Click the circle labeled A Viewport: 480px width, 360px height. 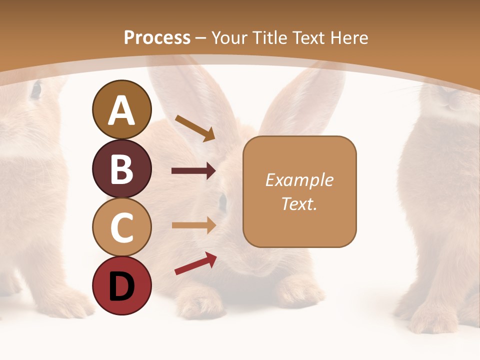(121, 109)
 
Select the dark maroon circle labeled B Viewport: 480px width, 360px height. (121, 168)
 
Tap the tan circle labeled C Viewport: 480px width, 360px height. (121, 226)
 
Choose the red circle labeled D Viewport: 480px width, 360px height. (121, 285)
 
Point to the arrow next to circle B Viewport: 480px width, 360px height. (193, 171)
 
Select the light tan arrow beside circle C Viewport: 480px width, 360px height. (193, 225)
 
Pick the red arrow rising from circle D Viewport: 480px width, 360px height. (195, 263)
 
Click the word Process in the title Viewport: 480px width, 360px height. (157, 37)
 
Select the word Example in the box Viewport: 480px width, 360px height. (299, 180)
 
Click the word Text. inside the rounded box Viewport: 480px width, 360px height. (299, 203)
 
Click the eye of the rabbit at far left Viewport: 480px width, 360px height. (36, 90)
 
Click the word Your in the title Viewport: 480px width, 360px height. (228, 37)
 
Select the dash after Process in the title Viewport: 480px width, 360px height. (200, 38)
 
